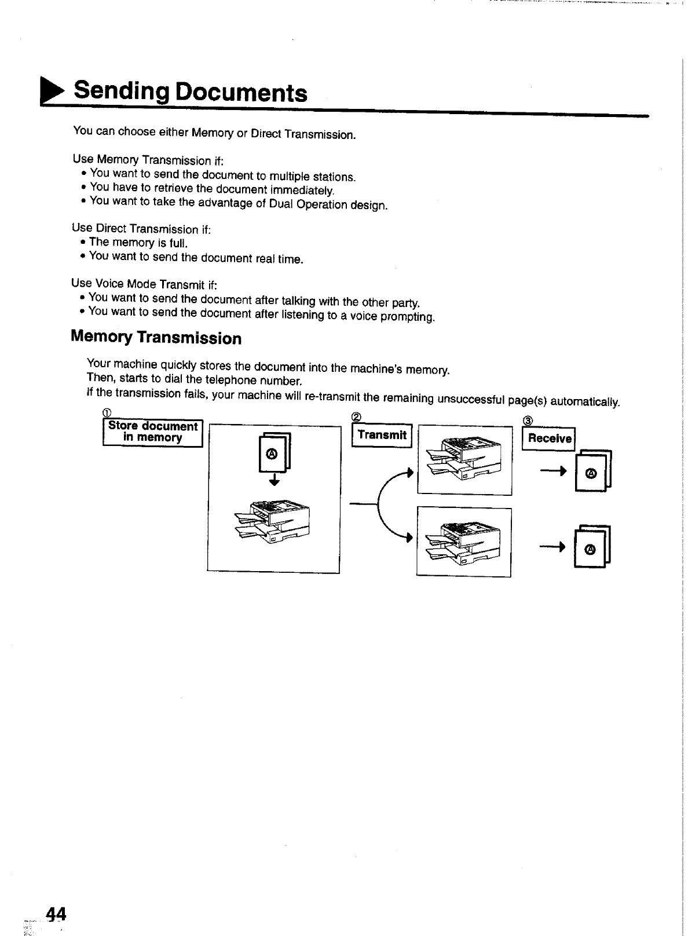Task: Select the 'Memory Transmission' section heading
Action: (156, 338)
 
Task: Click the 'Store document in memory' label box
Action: (152, 432)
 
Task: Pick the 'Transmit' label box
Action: (382, 436)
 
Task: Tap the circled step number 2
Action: (357, 418)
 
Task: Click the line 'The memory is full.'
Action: (138, 243)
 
